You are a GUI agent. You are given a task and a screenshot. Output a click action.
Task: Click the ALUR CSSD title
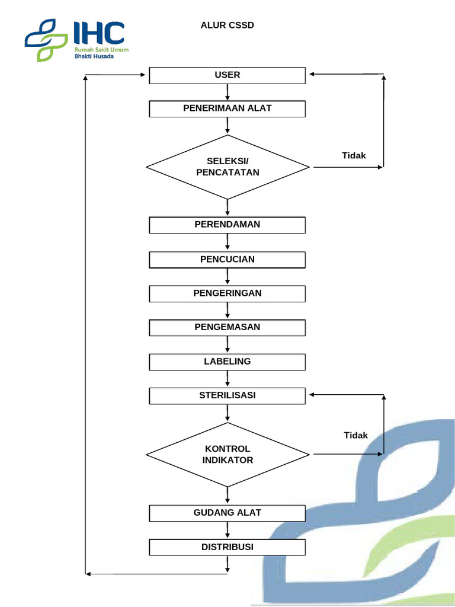(x=227, y=25)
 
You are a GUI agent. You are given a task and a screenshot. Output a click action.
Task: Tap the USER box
(x=227, y=75)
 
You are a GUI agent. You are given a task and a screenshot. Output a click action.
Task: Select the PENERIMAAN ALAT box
(x=227, y=108)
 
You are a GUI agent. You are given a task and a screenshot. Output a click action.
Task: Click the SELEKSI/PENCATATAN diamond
(x=227, y=167)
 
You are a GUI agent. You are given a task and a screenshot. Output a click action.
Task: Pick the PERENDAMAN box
(x=227, y=225)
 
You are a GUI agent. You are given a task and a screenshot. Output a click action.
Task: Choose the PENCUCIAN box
(x=227, y=260)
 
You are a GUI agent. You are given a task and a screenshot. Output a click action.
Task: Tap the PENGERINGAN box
(x=227, y=293)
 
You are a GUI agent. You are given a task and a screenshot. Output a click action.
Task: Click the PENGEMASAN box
(x=227, y=327)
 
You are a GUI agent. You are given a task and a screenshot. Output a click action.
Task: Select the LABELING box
(x=227, y=362)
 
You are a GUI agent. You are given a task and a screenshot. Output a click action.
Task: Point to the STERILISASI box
(x=227, y=395)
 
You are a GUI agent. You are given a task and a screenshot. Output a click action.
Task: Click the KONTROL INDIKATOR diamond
(x=227, y=455)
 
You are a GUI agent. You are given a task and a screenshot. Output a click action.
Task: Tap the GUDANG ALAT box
(x=227, y=513)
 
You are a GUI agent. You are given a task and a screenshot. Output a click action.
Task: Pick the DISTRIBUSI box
(x=227, y=547)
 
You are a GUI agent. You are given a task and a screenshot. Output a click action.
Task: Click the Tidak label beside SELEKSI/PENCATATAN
(x=354, y=156)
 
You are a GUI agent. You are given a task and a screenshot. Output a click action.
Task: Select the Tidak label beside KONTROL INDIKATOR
(x=356, y=436)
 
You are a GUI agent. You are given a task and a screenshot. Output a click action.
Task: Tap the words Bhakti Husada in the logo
(x=94, y=56)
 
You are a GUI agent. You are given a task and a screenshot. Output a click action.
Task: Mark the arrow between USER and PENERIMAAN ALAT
(x=227, y=92)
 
